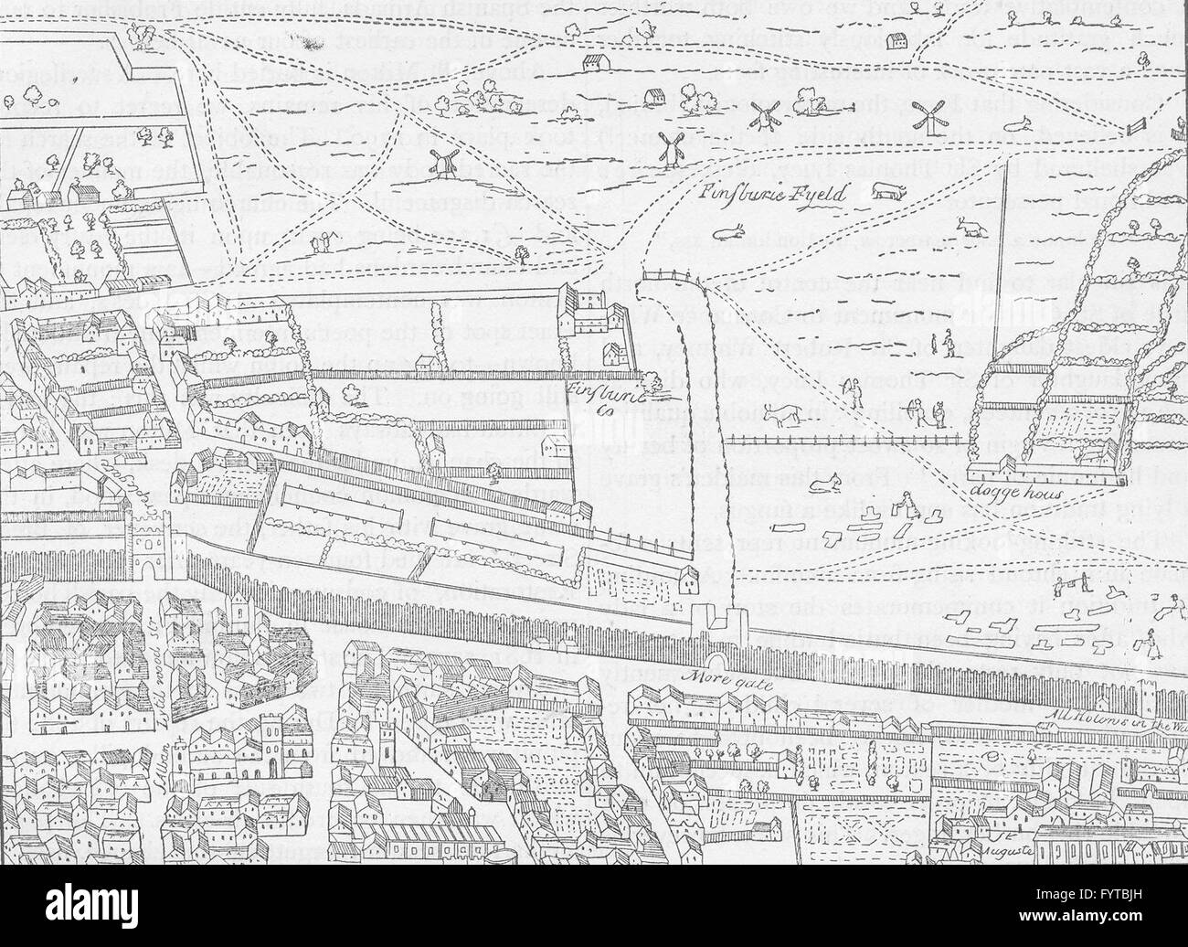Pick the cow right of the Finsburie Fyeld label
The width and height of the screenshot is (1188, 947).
point(884,192)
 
